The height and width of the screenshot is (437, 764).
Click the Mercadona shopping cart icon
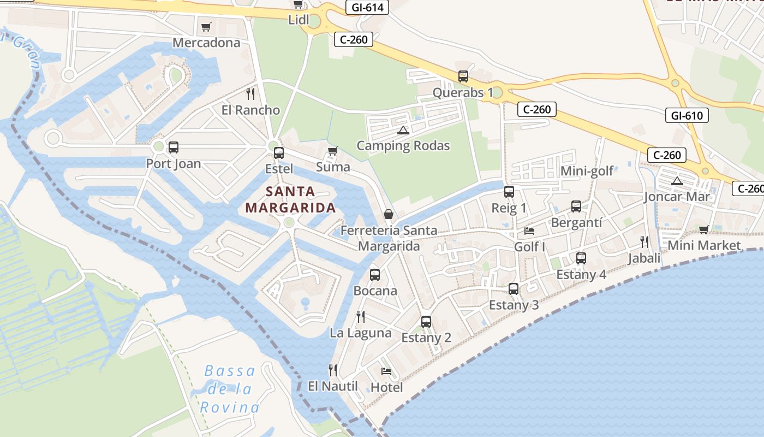tap(206, 27)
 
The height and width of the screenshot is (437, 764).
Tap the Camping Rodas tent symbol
tap(403, 130)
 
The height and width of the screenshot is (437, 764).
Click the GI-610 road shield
tap(687, 115)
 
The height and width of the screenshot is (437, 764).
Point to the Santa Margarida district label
tap(290, 199)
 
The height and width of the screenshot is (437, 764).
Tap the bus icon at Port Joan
tap(173, 147)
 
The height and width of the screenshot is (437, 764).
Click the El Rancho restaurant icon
tap(250, 94)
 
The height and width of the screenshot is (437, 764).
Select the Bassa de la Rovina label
tap(230, 389)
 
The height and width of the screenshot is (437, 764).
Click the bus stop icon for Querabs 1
tap(463, 76)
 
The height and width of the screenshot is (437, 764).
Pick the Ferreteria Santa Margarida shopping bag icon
tap(389, 214)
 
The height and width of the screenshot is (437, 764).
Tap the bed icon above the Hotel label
tap(386, 371)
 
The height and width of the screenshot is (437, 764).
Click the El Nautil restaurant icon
tap(333, 370)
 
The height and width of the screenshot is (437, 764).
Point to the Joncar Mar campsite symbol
tap(677, 181)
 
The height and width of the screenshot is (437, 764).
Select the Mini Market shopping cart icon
tap(704, 229)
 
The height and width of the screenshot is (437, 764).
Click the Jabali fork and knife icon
tap(644, 241)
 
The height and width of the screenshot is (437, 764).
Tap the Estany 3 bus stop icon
tap(514, 289)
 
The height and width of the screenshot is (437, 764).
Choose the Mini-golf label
tap(587, 172)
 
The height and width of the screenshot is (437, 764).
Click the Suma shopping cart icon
tap(332, 151)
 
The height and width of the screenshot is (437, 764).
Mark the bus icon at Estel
tap(279, 153)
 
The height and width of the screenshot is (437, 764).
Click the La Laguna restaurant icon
tap(360, 316)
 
